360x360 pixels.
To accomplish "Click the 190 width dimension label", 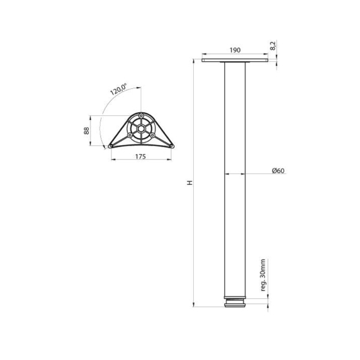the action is pos(235,50).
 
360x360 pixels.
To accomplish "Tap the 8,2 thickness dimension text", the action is pos(273,46).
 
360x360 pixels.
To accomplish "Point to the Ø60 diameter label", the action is pos(278,171).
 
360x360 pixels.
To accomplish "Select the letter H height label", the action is pos(190,183).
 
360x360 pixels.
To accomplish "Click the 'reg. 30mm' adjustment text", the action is pos(263,275).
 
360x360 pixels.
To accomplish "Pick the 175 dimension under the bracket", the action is pos(140,157).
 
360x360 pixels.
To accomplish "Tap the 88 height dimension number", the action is pos(86,131).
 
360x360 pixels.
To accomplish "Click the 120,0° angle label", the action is pos(118,89).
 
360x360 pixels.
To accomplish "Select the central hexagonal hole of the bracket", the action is pos(141,129).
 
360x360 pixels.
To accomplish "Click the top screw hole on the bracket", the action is pos(141,115).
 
